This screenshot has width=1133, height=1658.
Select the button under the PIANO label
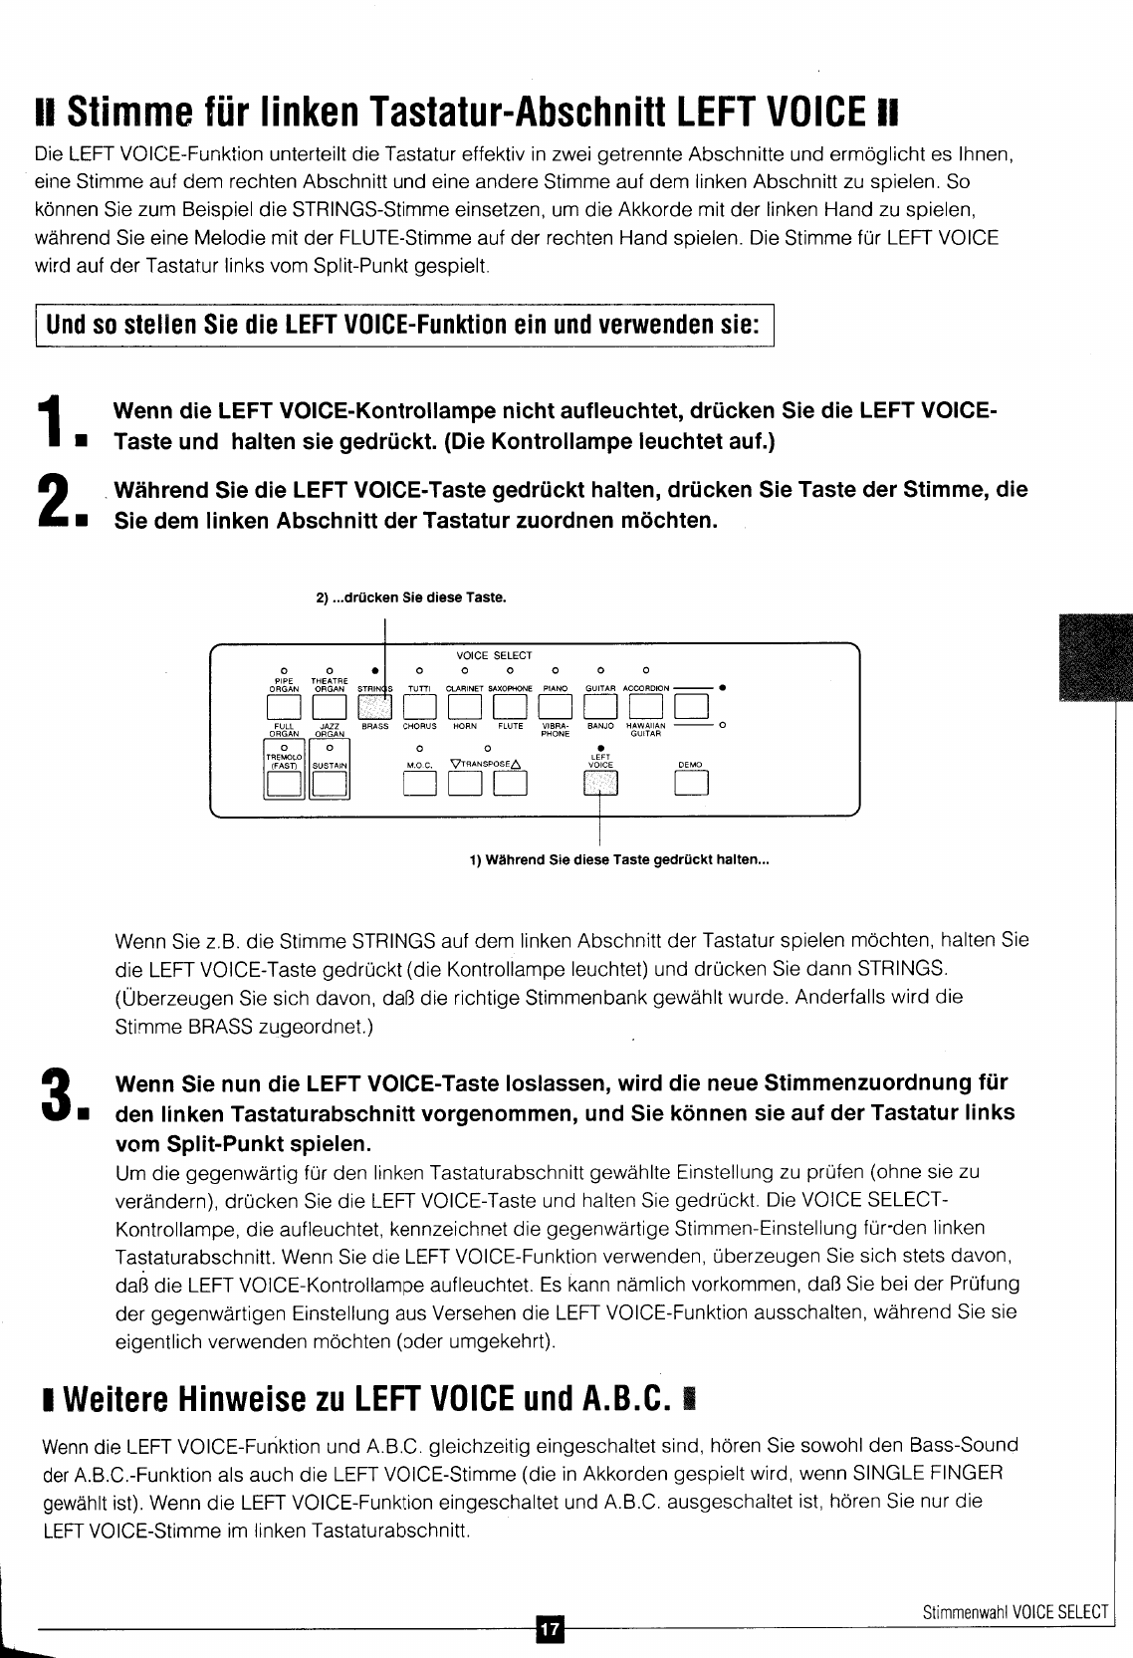point(556,706)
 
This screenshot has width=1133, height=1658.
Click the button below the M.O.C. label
point(420,785)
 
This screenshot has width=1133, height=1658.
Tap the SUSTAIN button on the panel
point(330,785)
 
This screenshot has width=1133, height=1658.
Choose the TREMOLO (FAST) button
point(285,785)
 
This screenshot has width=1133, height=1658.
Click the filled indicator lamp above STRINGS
point(374,670)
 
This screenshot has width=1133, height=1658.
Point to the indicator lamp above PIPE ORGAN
point(284,670)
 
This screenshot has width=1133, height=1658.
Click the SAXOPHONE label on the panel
point(511,688)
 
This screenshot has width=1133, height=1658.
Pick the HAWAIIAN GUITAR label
point(646,730)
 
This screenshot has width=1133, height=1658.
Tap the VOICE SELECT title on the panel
point(494,655)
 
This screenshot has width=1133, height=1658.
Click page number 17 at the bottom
point(550,1629)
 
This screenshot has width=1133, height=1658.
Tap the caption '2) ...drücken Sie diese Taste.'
point(411,597)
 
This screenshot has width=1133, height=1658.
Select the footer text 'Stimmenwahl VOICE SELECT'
point(1015,1612)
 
